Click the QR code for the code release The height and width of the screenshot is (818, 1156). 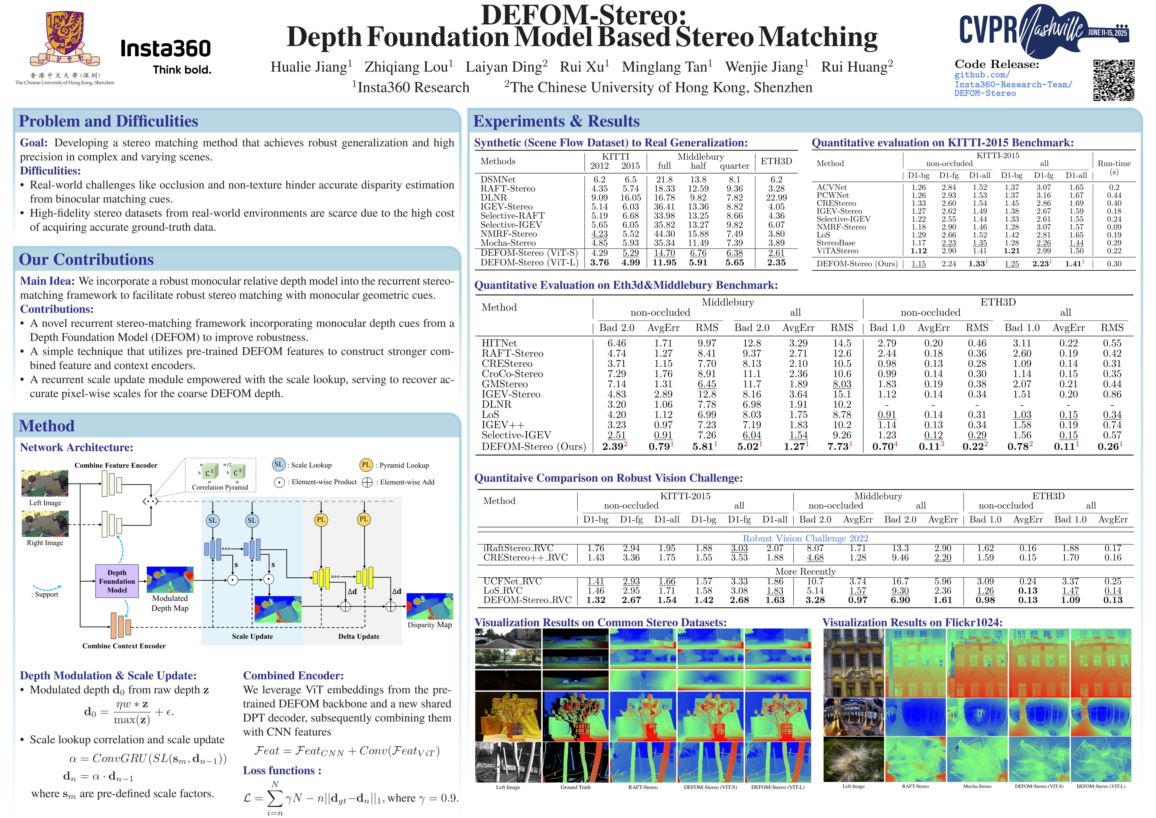coord(1114,80)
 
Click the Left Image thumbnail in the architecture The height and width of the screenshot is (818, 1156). coord(45,484)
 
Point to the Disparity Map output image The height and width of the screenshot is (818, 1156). coord(429,606)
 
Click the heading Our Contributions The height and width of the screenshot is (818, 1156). coord(86,259)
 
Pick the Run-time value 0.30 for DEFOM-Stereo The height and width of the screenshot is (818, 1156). coord(1114,264)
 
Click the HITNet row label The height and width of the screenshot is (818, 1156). coord(499,343)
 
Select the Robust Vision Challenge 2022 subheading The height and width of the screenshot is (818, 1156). coord(805,538)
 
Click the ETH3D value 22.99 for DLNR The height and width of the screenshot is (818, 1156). coord(776,197)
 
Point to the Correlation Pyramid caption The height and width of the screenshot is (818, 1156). coord(220,487)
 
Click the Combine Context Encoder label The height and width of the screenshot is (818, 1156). coord(124,646)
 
